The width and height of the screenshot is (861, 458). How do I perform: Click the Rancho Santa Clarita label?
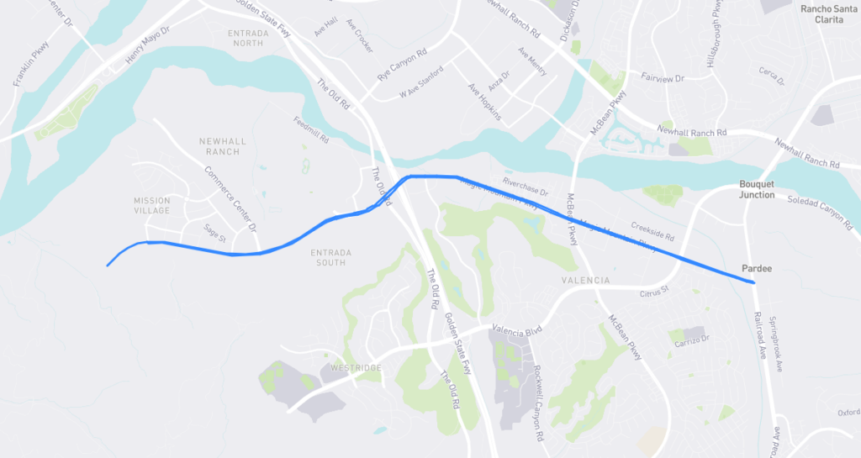click(827, 13)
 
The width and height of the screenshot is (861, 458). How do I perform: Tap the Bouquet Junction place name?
click(757, 189)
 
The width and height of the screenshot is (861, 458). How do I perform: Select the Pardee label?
click(757, 268)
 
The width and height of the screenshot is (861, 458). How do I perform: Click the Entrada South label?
click(328, 257)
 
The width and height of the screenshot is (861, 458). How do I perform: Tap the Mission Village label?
click(151, 205)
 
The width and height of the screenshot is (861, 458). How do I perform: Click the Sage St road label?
click(215, 233)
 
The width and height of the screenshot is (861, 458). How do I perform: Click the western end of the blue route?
click(108, 266)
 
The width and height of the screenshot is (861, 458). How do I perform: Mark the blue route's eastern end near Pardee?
click(753, 283)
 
